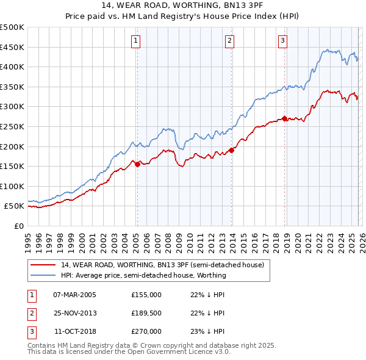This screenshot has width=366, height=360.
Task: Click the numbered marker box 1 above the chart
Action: [x=135, y=41]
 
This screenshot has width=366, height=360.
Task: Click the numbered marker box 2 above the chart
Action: [x=229, y=41]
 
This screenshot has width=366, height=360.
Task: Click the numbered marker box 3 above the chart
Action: [x=283, y=41]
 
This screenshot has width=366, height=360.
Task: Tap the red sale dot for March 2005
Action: [x=137, y=164]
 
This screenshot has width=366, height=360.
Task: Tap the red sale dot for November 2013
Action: [x=232, y=150]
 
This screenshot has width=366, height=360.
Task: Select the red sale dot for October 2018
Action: [x=285, y=118]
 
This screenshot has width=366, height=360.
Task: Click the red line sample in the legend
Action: [x=43, y=265]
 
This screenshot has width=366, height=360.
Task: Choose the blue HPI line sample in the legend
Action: [x=43, y=275]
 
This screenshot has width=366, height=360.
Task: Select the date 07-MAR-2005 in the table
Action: [x=74, y=295]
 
